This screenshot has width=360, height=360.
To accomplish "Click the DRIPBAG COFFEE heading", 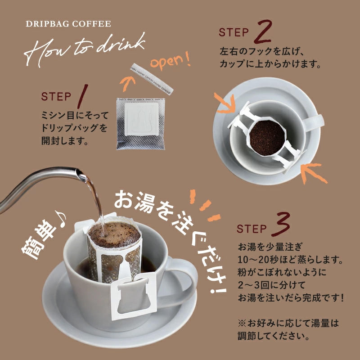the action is (68, 24).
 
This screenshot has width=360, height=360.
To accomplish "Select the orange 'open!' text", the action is (171, 61).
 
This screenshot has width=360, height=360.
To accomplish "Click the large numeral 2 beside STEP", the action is (263, 31).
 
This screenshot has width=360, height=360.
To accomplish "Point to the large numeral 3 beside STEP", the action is (280, 224).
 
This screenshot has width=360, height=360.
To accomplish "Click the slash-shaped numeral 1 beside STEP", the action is (83, 96).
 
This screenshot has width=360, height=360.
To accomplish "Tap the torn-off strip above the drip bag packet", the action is (152, 79).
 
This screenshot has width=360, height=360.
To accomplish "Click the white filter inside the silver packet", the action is (142, 119).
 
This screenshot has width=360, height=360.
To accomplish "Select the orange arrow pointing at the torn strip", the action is (127, 84).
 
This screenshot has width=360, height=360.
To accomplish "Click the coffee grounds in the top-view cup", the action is (267, 138).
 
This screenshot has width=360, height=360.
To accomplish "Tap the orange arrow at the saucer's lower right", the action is (313, 173).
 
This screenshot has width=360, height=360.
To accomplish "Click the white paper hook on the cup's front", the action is (134, 297).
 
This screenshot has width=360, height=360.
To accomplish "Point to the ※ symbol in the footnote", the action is (242, 324).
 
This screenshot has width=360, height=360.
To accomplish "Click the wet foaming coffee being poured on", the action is (114, 234).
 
